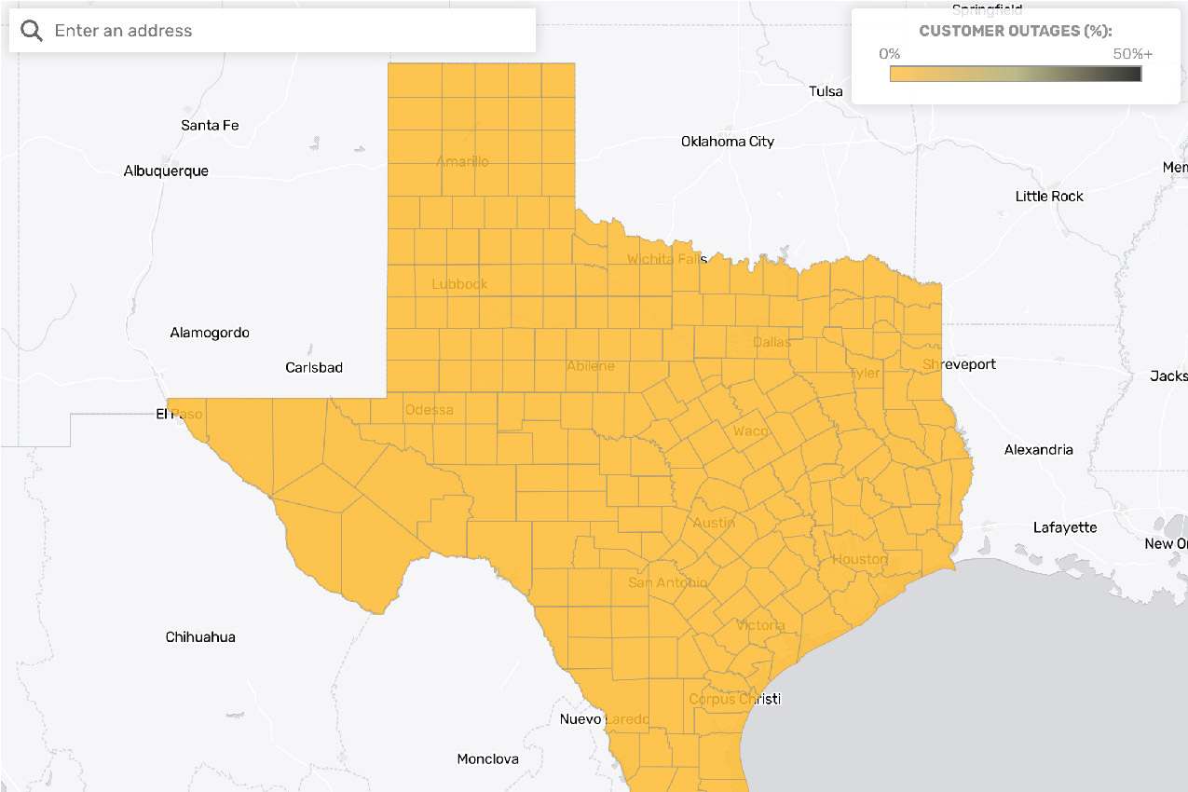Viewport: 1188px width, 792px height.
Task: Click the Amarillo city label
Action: point(462,162)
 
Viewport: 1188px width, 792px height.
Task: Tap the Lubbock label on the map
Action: point(459,284)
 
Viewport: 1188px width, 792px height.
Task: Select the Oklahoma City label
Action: point(728,142)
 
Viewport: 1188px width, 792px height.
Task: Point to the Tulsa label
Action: point(826,91)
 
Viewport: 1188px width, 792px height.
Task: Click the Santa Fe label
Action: point(210,125)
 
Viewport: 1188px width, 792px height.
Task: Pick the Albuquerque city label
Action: point(166,171)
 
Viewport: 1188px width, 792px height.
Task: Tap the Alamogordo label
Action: point(210,333)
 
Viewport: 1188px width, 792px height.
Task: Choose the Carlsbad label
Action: point(314,368)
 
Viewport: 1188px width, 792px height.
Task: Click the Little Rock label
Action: point(1049,197)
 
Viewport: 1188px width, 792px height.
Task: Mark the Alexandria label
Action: point(1038,450)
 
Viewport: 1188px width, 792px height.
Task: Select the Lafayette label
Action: point(1065,527)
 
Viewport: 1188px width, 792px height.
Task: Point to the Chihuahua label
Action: point(200,637)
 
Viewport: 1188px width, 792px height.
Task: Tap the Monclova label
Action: point(487,759)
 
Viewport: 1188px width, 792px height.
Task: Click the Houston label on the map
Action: point(860,559)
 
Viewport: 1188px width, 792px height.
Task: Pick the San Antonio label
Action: point(667,582)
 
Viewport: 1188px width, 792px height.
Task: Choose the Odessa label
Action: point(430,410)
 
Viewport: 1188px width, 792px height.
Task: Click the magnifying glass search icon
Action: point(32,31)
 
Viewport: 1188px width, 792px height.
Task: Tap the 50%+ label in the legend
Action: point(1132,54)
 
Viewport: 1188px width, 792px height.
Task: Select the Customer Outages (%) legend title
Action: point(1015,31)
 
